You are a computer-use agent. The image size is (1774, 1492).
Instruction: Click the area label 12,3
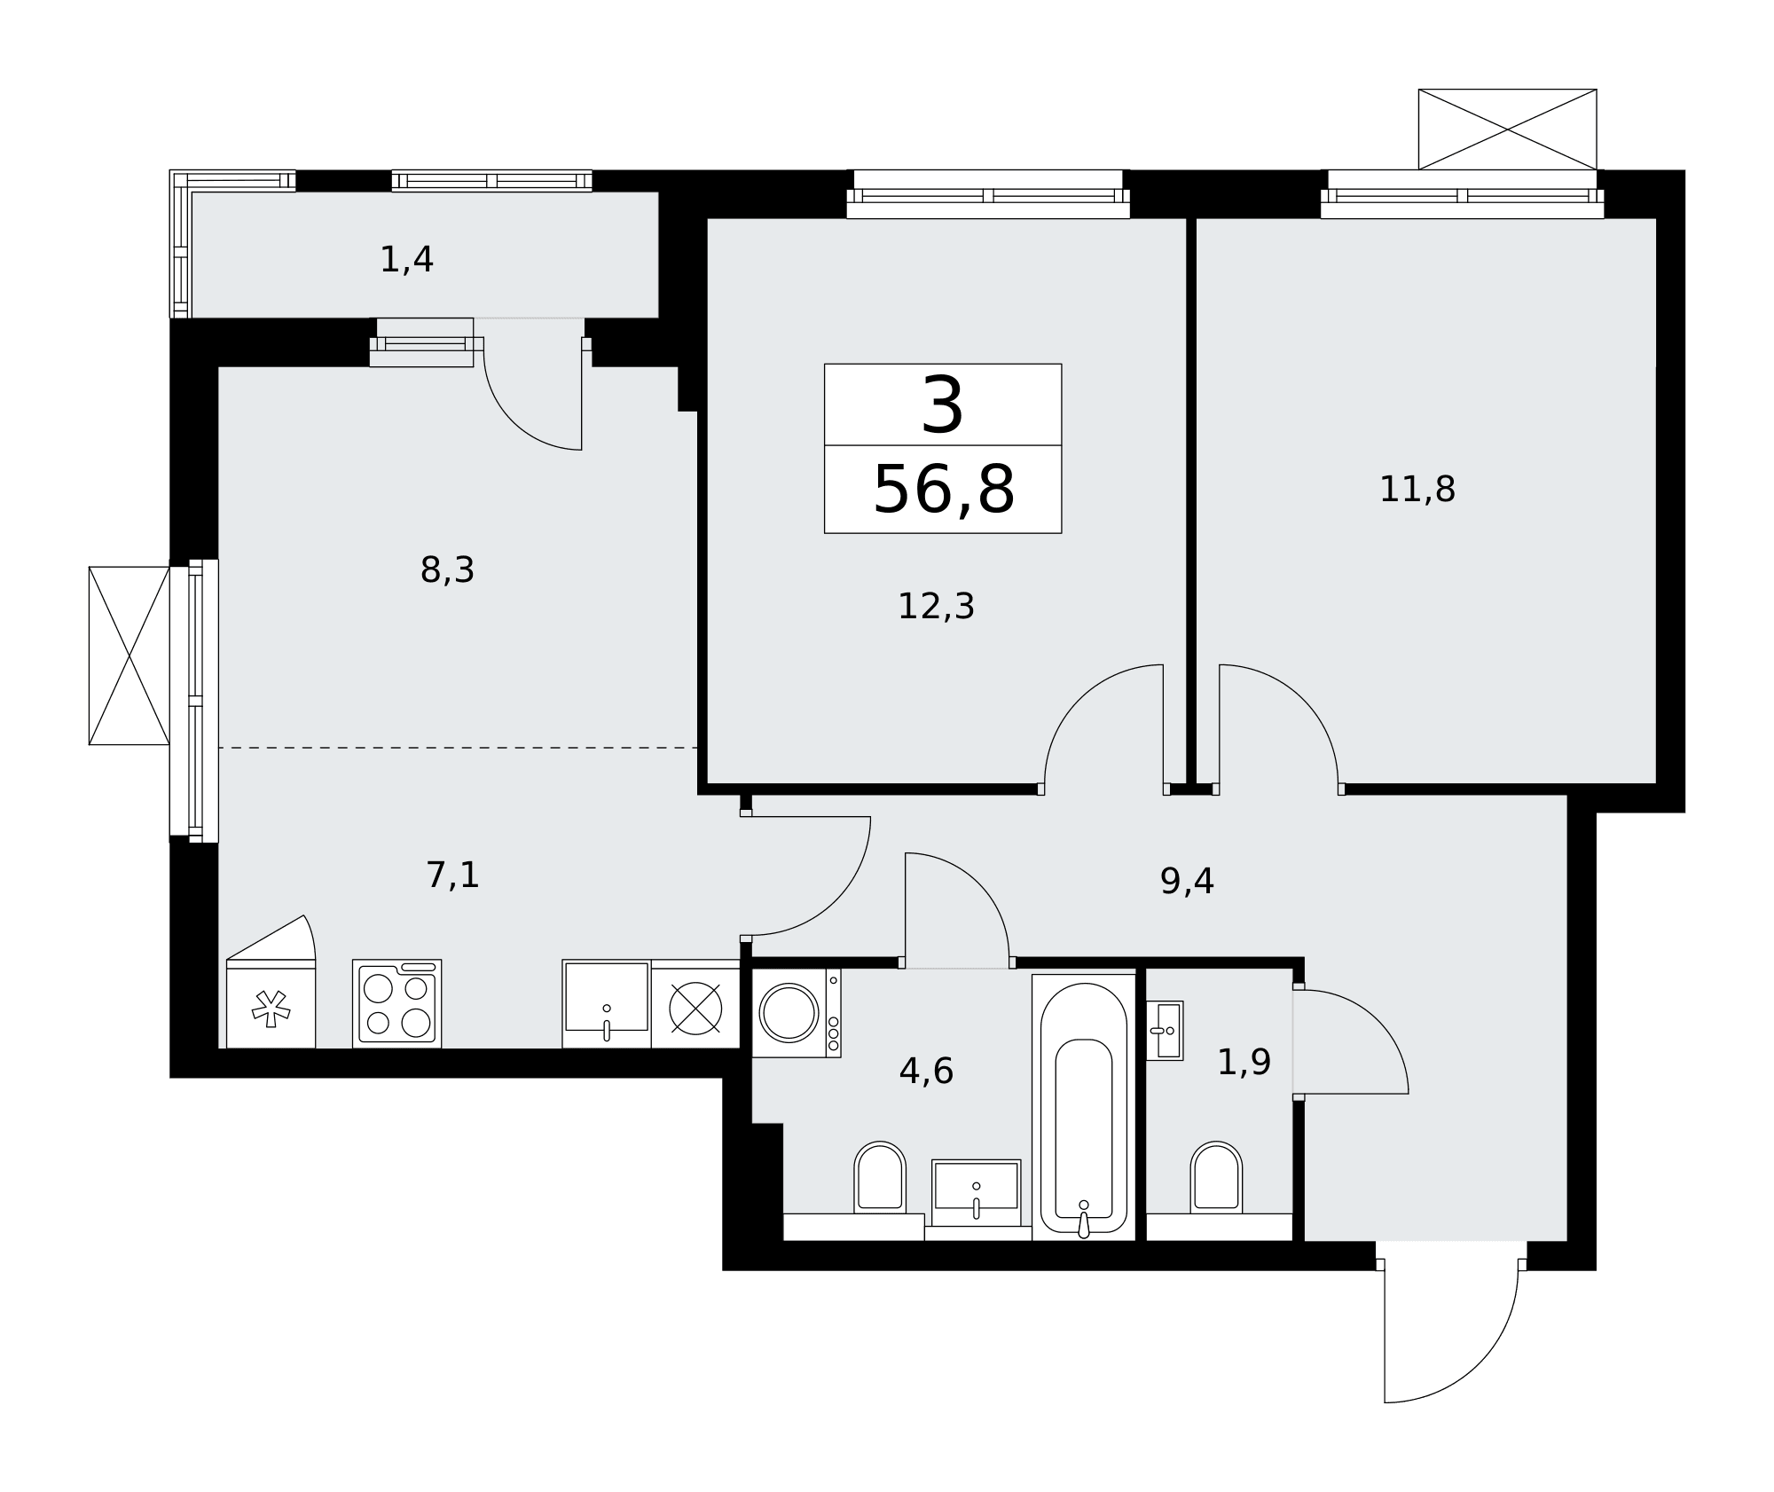point(936,607)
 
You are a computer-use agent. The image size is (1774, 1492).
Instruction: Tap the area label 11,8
point(1417,490)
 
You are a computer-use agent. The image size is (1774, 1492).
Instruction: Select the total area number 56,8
point(943,490)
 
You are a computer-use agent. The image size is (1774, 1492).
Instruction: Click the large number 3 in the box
point(942,405)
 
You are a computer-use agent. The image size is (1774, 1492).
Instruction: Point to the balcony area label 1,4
point(406,260)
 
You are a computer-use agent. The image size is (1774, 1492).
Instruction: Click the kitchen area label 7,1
point(452,876)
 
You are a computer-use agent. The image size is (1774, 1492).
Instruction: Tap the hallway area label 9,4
point(1187,881)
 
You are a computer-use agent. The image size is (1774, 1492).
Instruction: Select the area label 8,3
point(447,570)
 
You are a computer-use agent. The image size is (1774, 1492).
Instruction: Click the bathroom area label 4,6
point(926,1072)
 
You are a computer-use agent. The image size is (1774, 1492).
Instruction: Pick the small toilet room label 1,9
point(1244,1062)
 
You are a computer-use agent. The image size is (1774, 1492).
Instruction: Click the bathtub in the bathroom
point(1084,1107)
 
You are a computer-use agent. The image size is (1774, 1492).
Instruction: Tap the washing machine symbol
point(797,1013)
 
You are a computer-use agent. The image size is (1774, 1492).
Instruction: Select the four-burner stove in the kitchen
point(396,1003)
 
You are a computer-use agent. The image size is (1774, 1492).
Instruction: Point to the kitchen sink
point(607,1003)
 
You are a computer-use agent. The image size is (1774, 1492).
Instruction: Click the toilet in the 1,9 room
point(1216,1179)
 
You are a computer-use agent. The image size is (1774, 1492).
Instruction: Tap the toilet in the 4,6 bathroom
point(880,1179)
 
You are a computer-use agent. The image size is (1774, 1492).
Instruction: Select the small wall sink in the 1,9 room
point(1165,1031)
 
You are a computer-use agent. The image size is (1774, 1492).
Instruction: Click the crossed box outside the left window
point(130,656)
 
